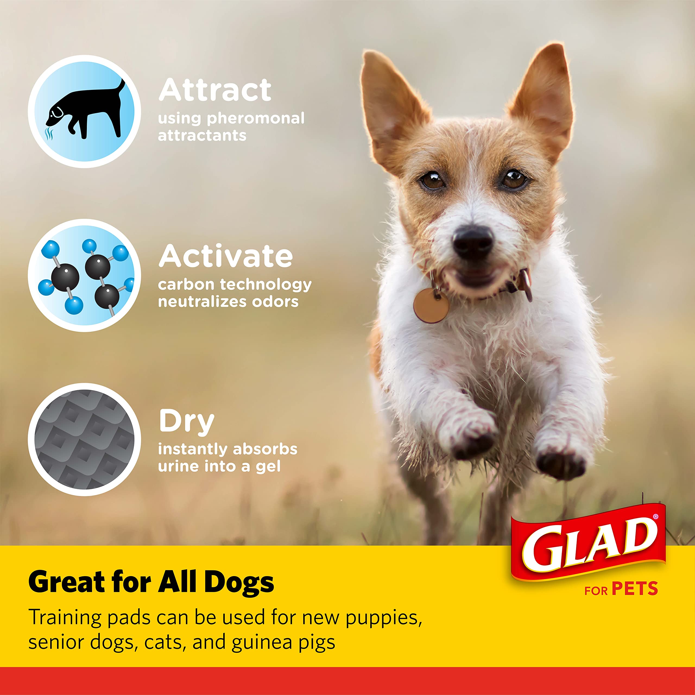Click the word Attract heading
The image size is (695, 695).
pyautogui.click(x=215, y=90)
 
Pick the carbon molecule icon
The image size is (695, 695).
pyautogui.click(x=84, y=275)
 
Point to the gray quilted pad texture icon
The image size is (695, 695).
pyautogui.click(x=84, y=439)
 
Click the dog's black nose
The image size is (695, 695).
pyautogui.click(x=472, y=240)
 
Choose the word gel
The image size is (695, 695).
pyautogui.click(x=268, y=467)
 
